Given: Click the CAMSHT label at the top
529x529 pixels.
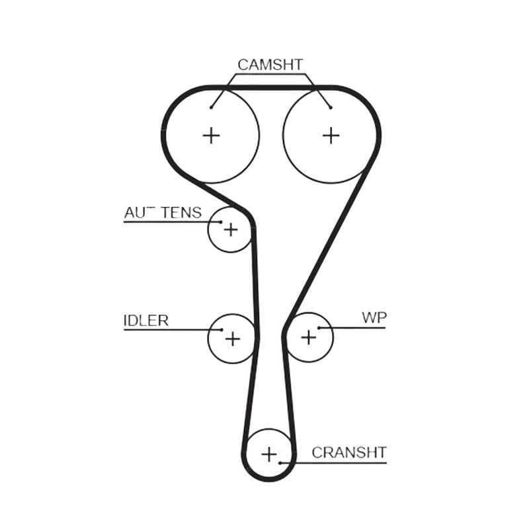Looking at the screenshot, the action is [270, 65].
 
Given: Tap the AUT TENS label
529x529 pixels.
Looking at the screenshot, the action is [163, 212].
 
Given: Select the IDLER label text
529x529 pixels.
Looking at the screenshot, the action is [146, 321].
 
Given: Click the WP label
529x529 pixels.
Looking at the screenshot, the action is [374, 317].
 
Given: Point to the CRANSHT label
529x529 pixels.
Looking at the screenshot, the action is [349, 453].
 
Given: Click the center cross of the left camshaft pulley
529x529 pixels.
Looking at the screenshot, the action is [212, 136].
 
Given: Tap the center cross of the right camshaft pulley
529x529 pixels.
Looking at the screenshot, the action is [331, 136].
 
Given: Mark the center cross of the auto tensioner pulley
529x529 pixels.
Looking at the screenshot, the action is [231, 230].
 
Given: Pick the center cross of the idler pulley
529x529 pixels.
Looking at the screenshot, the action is [233, 339].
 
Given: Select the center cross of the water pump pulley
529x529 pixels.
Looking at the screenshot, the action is [309, 337].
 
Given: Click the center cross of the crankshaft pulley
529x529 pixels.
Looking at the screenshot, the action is [269, 454].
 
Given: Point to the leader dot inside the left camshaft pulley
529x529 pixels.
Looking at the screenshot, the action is [211, 108].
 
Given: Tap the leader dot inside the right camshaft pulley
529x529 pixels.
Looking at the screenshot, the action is [331, 108].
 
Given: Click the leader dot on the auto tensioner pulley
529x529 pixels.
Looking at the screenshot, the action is [221, 222].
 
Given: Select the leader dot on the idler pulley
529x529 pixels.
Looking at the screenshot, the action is [222, 329].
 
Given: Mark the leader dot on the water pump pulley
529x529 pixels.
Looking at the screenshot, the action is [319, 327].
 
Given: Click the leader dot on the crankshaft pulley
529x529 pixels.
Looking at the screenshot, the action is [280, 463].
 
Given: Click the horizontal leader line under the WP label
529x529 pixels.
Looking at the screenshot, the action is [352, 327].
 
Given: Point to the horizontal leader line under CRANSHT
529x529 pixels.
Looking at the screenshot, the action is [333, 463].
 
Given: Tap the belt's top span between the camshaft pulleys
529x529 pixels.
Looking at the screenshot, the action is [271, 88].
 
